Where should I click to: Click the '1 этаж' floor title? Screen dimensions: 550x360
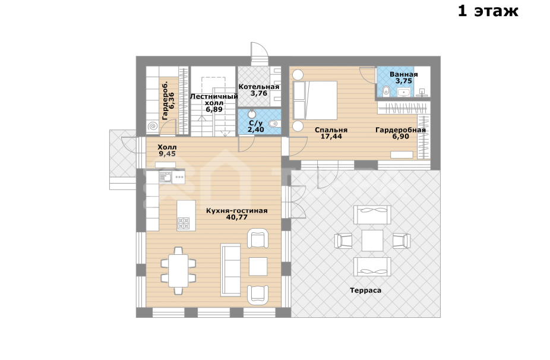488,11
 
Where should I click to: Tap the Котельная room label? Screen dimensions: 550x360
259,87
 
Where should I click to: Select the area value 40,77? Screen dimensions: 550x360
237,217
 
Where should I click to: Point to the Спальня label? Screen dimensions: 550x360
331,130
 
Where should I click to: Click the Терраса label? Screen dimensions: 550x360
365,290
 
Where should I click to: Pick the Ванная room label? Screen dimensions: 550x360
404,74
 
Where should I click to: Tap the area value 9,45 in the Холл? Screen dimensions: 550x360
167,154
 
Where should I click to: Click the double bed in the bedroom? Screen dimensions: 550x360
315,100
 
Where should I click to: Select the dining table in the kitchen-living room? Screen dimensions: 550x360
178,270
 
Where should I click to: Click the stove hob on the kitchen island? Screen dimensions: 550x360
184,223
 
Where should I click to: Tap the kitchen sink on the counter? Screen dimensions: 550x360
166,177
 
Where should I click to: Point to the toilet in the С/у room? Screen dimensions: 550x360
273,124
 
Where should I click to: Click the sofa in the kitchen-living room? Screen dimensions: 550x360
230,270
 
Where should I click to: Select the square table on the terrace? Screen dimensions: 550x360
372,241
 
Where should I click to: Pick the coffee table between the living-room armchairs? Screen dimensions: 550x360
258,267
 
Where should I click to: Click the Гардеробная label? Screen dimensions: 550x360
400,130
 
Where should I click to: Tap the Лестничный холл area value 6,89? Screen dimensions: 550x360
214,109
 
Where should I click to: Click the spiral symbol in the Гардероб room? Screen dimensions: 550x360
153,126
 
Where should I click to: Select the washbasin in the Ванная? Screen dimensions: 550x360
404,92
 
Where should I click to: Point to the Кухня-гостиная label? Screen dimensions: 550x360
237,211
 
